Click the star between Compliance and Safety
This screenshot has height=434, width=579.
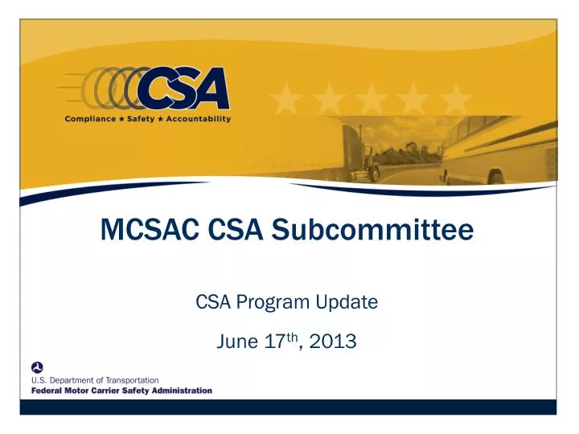point(126,119)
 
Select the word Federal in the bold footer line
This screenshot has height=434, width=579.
point(47,391)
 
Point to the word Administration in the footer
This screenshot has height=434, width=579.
point(182,391)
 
